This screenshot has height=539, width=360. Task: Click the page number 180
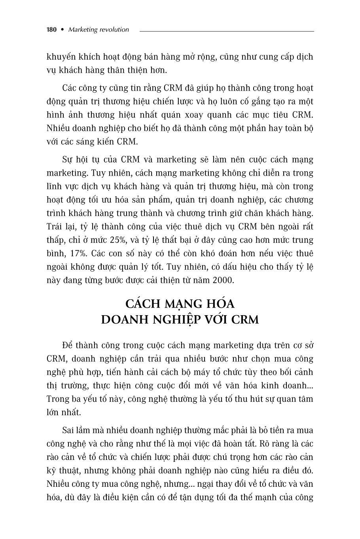coord(52,30)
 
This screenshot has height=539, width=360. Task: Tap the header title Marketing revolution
coord(98,30)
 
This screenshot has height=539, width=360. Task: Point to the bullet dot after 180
coord(62,30)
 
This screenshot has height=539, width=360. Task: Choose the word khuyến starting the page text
coord(61,57)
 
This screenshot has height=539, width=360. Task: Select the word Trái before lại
coord(55,227)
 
